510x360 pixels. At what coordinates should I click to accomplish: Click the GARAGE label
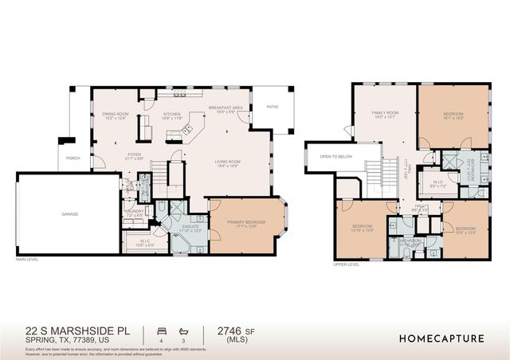click(x=70, y=214)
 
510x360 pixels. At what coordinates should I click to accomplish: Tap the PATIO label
click(x=272, y=105)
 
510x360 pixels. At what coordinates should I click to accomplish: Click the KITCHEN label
click(x=172, y=114)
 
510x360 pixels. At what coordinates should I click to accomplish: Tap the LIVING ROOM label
click(x=227, y=162)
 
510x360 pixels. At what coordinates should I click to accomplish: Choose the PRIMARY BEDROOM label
click(x=245, y=222)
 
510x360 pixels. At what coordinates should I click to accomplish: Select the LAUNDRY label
click(x=133, y=212)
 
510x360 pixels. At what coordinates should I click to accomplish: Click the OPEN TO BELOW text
click(x=336, y=156)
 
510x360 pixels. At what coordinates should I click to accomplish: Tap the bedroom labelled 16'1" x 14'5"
click(x=453, y=114)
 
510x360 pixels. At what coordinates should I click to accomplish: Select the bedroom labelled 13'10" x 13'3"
click(x=363, y=227)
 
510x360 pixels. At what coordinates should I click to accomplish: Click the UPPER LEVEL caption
click(x=347, y=265)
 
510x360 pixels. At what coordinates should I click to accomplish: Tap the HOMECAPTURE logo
click(x=441, y=338)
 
